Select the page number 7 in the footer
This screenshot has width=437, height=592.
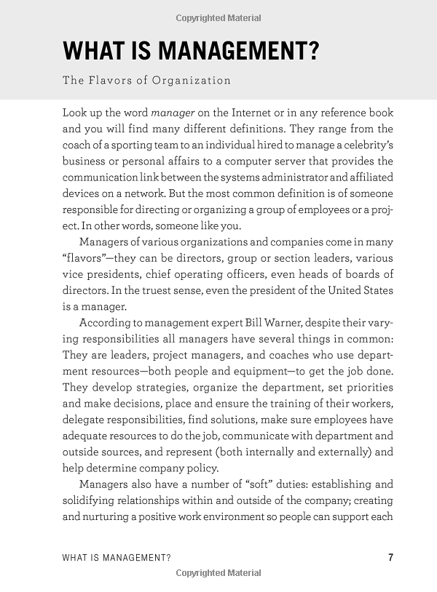391,558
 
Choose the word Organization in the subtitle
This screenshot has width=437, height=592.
192,80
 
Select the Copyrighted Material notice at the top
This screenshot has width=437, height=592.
219,17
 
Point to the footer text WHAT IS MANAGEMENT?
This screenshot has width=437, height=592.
117,558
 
